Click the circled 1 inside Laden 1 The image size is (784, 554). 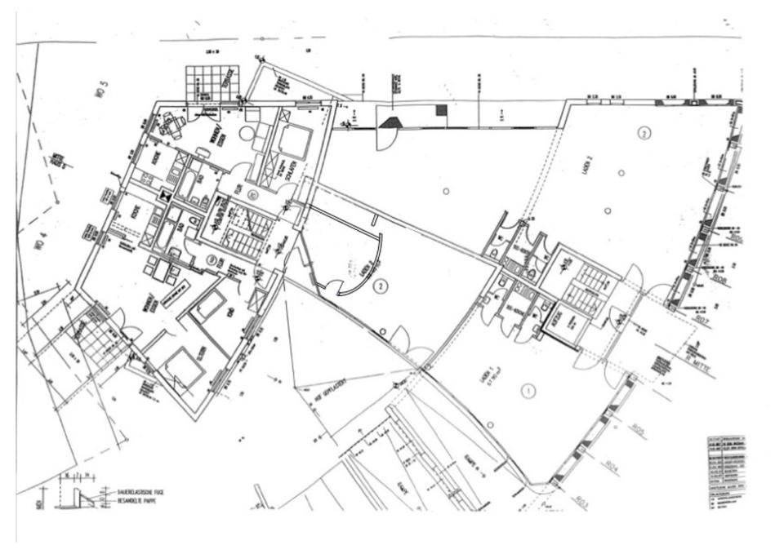click(528, 392)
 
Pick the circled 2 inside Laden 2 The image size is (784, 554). click(644, 132)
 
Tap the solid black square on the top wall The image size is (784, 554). click(441, 110)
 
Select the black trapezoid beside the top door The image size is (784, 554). click(390, 121)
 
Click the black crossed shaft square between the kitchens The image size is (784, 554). click(166, 196)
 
